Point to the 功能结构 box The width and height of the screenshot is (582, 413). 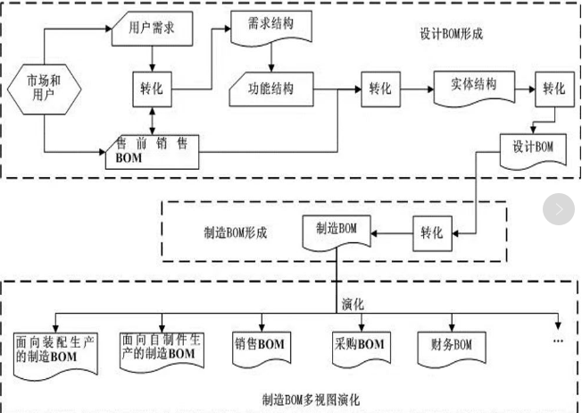pos(274,89)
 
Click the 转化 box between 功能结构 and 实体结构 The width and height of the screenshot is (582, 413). pos(380,89)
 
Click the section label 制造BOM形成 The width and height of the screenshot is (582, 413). pos(235,232)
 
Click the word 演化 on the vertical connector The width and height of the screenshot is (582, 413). pos(353,303)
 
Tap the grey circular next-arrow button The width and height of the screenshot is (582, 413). pos(559,209)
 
